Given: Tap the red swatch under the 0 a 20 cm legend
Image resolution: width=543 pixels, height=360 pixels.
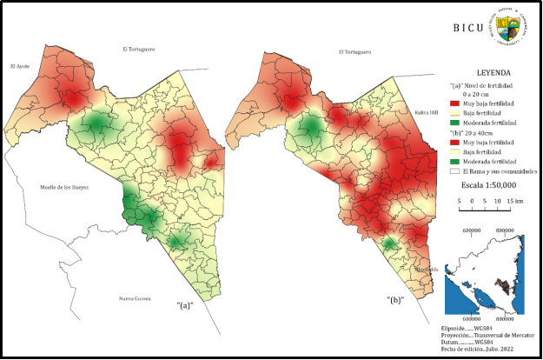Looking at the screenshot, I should click(455, 103).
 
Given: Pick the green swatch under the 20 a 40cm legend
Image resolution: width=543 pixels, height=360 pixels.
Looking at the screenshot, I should click(455, 162).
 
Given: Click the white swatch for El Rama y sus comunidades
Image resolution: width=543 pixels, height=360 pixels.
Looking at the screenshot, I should click(455, 171).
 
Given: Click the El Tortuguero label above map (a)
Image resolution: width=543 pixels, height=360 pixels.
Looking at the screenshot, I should click(138, 49).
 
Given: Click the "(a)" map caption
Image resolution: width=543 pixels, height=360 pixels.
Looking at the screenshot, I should click(184, 304).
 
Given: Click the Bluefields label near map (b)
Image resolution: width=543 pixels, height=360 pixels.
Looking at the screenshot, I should click(426, 270).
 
